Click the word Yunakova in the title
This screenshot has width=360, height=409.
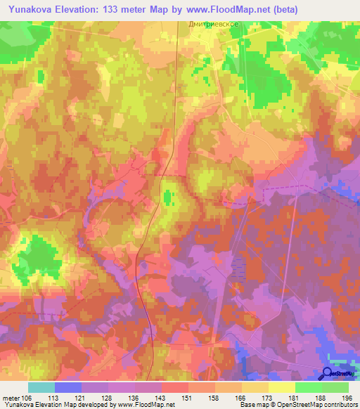pyautogui.click(x=32, y=9)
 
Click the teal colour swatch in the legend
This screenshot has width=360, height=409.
pyautogui.click(x=41, y=387)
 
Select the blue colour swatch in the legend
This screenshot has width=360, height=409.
pyautogui.click(x=68, y=387)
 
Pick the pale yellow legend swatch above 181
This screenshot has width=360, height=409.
pyautogui.click(x=282, y=387)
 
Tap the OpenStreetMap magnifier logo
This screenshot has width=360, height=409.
pyautogui.click(x=328, y=373)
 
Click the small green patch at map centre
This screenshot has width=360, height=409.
pyautogui.click(x=167, y=195)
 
